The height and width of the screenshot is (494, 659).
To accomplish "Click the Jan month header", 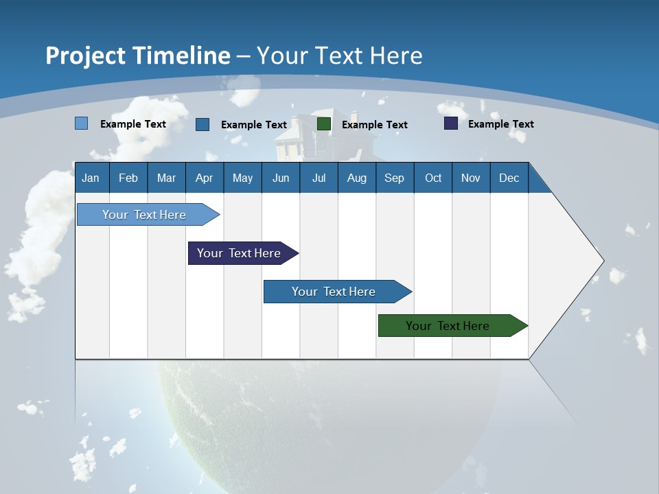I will [x=91, y=178].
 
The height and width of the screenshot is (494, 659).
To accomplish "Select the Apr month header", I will [x=204, y=178].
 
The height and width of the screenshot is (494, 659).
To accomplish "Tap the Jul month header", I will [x=319, y=178].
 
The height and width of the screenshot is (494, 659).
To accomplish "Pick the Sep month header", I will [x=394, y=178].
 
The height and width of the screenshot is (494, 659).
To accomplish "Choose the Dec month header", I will [x=509, y=178].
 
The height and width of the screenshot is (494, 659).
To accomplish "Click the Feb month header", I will [x=128, y=178].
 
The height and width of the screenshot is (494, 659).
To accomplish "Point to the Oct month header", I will [x=433, y=178].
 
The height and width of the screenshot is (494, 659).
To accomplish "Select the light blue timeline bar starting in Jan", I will [x=144, y=215].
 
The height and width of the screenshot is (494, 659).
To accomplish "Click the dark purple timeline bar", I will [x=239, y=253].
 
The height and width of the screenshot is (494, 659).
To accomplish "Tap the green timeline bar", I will [x=448, y=326].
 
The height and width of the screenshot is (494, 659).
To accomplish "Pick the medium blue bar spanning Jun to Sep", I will [x=334, y=292].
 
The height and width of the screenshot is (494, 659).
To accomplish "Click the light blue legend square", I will [x=81, y=123].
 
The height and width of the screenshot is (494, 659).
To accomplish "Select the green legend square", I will [x=324, y=124].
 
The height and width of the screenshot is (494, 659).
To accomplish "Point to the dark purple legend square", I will [x=451, y=123].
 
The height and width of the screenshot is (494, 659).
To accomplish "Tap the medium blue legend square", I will [x=203, y=124].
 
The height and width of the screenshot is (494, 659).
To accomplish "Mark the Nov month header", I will [x=471, y=178].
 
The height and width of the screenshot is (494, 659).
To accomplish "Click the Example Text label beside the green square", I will [x=374, y=125].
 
